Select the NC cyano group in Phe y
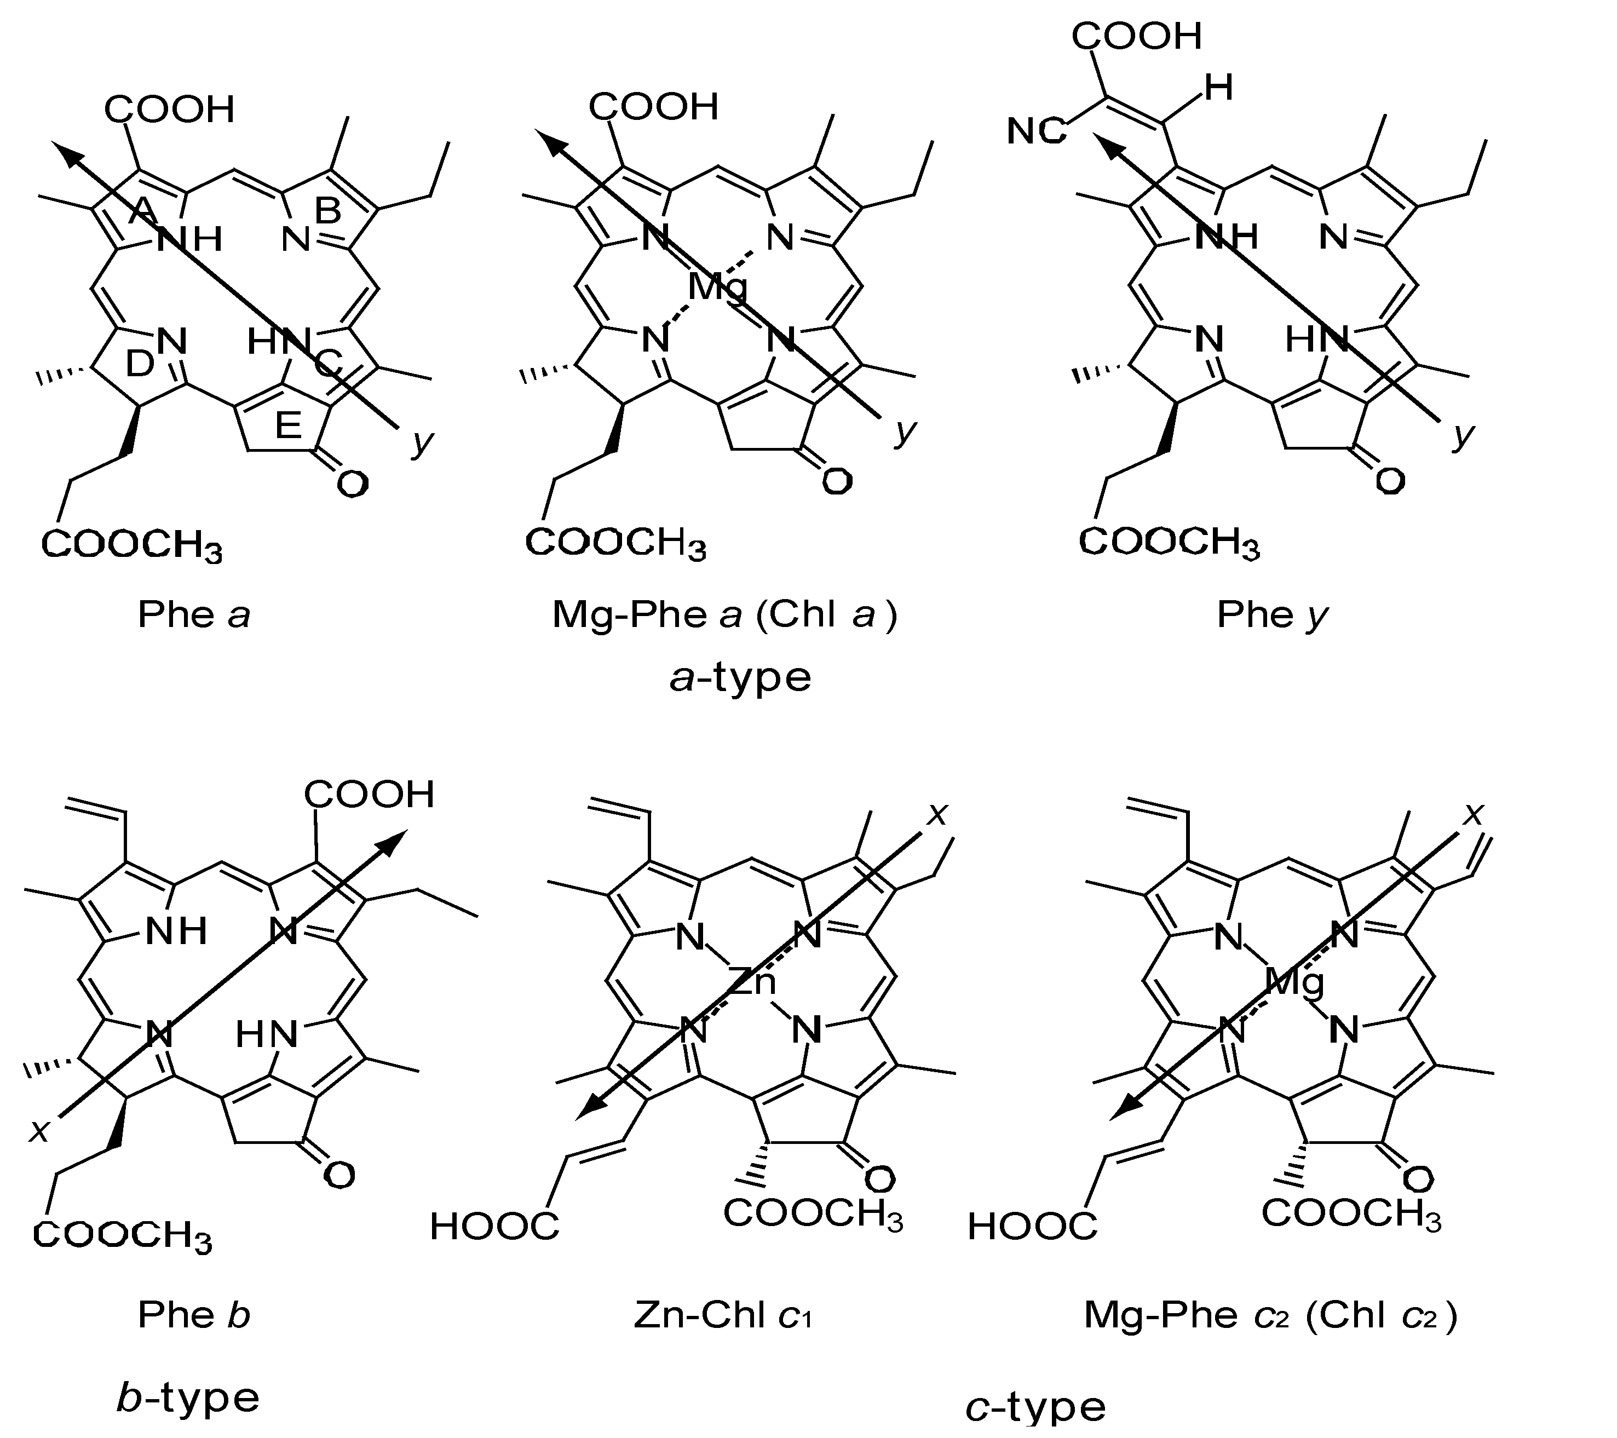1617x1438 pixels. [x=1037, y=131]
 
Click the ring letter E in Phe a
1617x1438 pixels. [x=288, y=427]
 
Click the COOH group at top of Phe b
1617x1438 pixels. [x=370, y=794]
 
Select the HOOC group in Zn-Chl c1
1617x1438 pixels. [x=494, y=1227]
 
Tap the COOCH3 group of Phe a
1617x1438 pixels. [x=131, y=545]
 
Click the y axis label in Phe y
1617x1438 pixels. [x=1464, y=434]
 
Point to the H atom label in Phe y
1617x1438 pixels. [x=1218, y=88]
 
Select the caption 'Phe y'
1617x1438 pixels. [x=1272, y=614]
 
